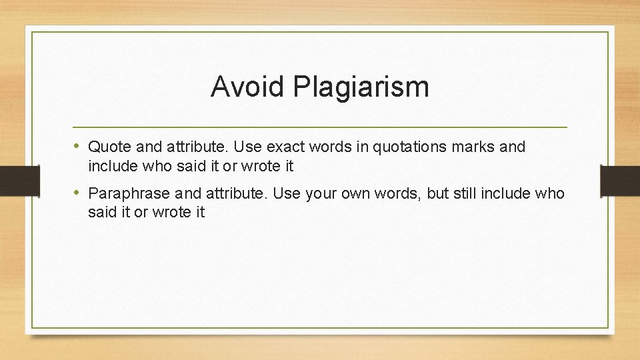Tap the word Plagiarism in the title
[361, 87]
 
